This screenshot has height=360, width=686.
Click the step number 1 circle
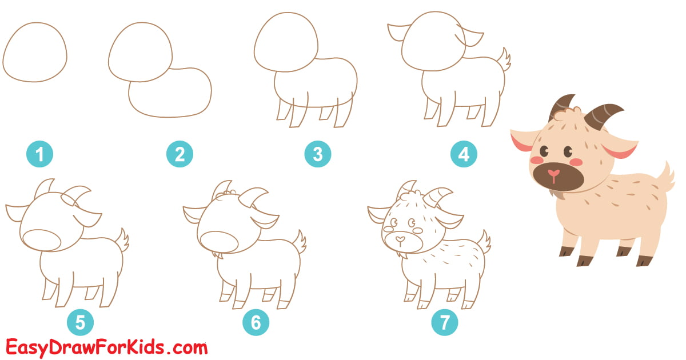[x=40, y=154]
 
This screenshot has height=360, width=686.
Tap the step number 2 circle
[x=180, y=154]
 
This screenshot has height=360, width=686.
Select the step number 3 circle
[x=318, y=154]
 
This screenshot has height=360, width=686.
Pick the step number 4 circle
[x=464, y=154]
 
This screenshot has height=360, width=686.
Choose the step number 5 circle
[x=80, y=323]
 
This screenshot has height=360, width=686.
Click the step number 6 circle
[x=256, y=323]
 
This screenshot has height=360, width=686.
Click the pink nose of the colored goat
[x=553, y=173]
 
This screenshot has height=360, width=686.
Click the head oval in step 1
[x=35, y=51]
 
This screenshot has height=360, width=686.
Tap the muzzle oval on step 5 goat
[x=43, y=240]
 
